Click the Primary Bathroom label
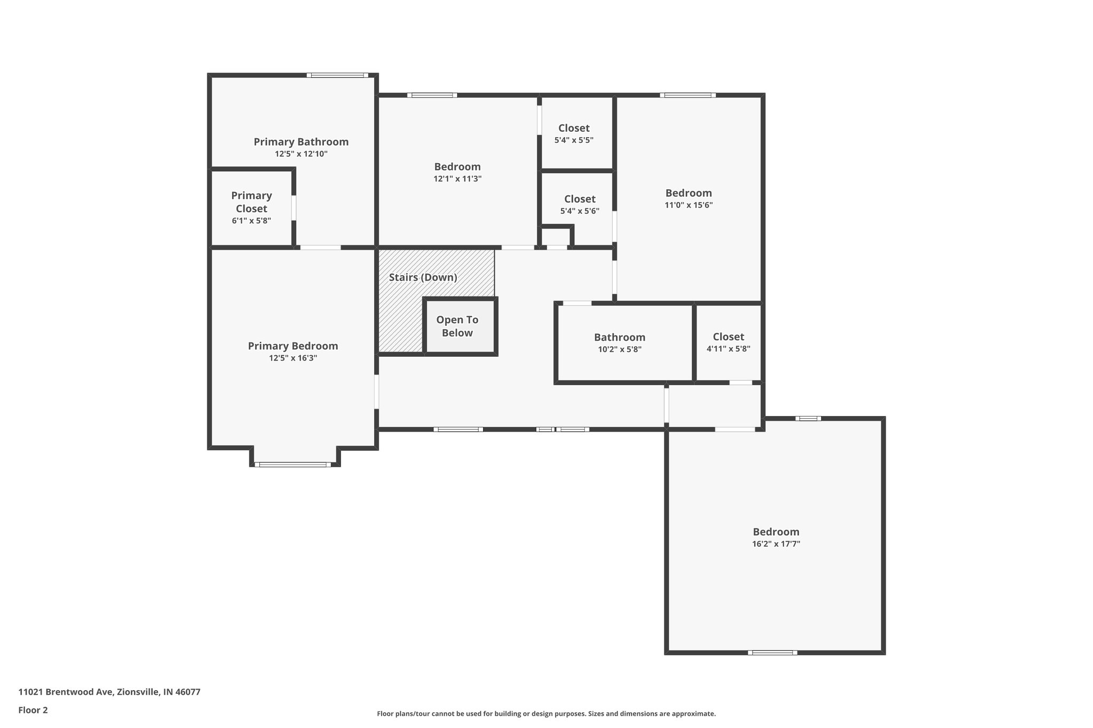(x=301, y=142)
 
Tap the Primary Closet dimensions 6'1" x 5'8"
(x=251, y=220)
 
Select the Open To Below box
(x=457, y=326)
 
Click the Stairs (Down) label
(x=423, y=277)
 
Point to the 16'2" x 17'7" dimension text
(x=776, y=544)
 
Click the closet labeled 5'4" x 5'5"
(x=574, y=133)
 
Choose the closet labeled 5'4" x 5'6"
(x=580, y=204)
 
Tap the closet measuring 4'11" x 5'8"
(x=728, y=342)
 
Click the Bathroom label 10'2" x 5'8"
(x=620, y=343)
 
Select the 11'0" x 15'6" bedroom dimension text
(x=688, y=205)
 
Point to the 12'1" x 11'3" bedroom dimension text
(x=457, y=179)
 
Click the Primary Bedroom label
(x=293, y=346)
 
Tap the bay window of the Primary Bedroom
(x=293, y=465)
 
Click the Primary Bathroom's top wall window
(x=337, y=75)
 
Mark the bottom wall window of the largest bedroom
(x=772, y=652)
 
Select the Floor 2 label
(x=33, y=710)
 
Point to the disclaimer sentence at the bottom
(x=546, y=714)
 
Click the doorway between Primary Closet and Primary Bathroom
(x=294, y=208)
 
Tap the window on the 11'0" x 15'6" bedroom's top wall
(x=688, y=95)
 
